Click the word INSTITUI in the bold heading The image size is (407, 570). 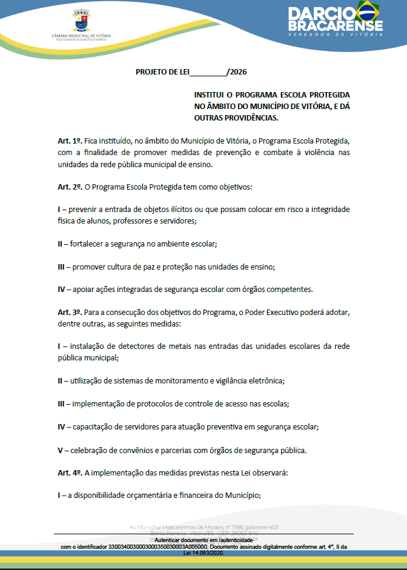pos(210,96)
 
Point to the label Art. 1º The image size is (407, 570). pos(70,141)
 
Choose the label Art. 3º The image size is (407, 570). pos(70,312)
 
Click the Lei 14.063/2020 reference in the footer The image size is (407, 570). pos(203,553)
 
